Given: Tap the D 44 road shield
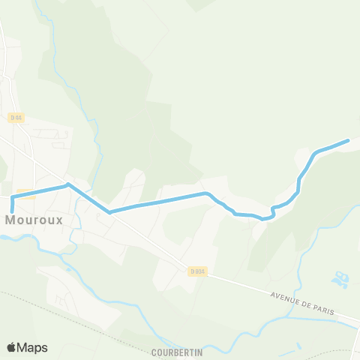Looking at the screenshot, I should click(16, 118).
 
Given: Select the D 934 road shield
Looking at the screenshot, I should click(197, 271).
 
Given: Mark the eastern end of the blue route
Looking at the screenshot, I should click(348, 140).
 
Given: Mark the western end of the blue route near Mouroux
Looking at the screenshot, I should click(12, 211).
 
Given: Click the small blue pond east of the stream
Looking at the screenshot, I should click(340, 280).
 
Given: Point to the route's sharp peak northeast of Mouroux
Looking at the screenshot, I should click(68, 184).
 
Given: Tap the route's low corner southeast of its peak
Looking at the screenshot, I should click(109, 212).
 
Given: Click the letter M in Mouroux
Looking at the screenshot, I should click(11, 220).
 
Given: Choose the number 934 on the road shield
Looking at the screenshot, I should click(199, 271).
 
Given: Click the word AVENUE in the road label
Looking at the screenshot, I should click(285, 296).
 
